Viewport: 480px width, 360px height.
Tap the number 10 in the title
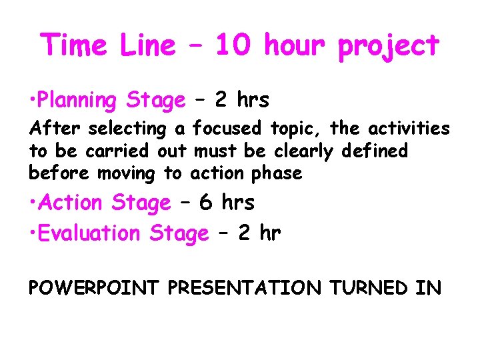click(x=233, y=45)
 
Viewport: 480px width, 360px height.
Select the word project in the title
click(x=389, y=47)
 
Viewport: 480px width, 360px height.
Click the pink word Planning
click(x=76, y=101)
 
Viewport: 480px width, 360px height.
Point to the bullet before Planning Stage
click(x=31, y=101)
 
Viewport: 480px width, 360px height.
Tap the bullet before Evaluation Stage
click(x=31, y=233)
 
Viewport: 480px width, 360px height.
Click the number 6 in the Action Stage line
click(x=206, y=202)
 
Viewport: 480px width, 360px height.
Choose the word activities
click(x=405, y=128)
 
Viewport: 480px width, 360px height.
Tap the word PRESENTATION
click(x=244, y=288)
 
